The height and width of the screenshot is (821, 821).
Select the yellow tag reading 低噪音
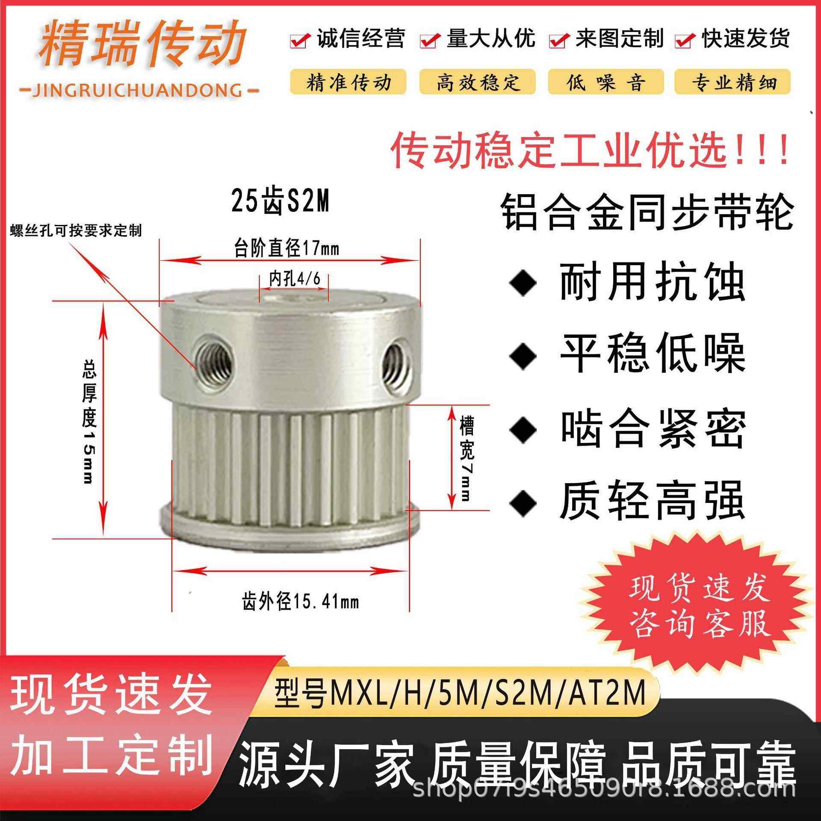pyautogui.click(x=605, y=82)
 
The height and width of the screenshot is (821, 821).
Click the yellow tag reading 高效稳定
pyautogui.click(x=477, y=82)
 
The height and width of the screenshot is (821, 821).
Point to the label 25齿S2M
pyautogui.click(x=281, y=202)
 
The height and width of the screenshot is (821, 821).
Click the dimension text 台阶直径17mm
pyautogui.click(x=286, y=248)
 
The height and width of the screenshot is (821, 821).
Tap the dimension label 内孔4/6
pyautogui.click(x=294, y=279)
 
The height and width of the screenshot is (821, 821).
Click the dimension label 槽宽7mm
pyautogui.click(x=466, y=458)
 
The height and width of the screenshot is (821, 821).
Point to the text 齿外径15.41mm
pyautogui.click(x=300, y=602)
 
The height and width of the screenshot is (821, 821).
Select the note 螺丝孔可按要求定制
pyautogui.click(x=76, y=231)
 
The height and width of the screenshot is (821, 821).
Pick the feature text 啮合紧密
pyautogui.click(x=653, y=430)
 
